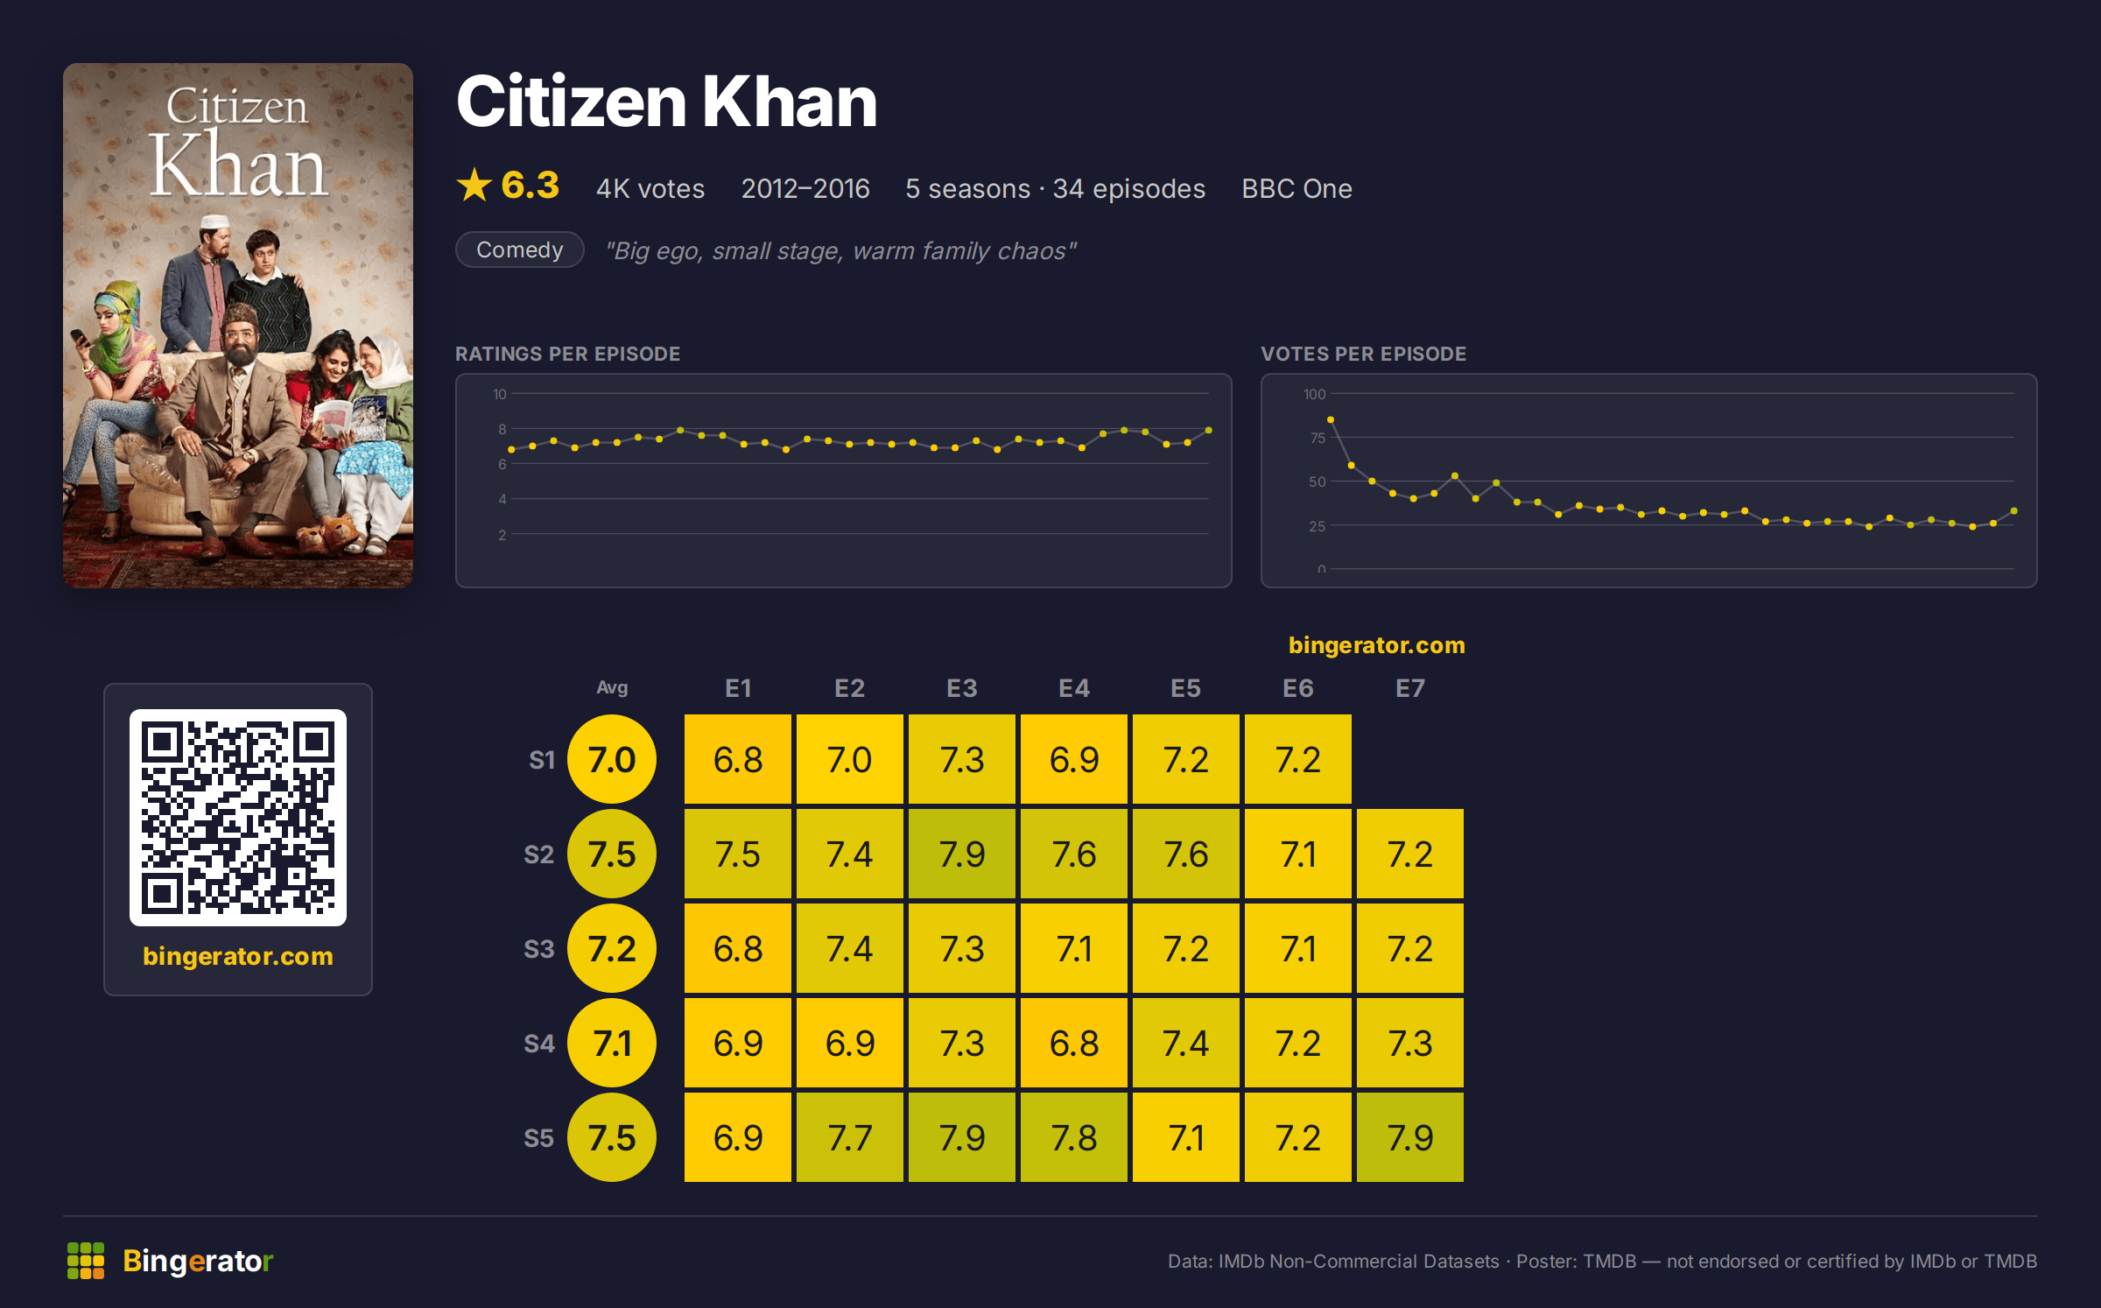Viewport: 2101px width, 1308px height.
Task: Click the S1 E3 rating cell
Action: click(x=961, y=759)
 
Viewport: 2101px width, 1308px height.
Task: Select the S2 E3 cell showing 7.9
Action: click(x=961, y=854)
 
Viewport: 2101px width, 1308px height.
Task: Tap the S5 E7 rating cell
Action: click(x=1409, y=1137)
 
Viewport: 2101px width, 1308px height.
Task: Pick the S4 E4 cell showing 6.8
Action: click(x=1073, y=1043)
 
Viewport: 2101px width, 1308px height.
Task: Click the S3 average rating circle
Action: click(x=612, y=948)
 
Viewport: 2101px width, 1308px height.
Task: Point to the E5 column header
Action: click(x=1185, y=688)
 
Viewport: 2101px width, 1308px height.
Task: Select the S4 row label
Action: click(x=539, y=1044)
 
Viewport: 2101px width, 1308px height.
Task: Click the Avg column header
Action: click(x=612, y=687)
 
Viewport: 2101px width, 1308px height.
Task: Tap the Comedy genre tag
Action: click(x=520, y=250)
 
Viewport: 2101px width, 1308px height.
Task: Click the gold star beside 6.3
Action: click(x=474, y=185)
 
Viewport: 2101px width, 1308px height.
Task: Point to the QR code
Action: click(x=238, y=817)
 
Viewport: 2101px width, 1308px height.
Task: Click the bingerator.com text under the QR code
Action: click(x=238, y=955)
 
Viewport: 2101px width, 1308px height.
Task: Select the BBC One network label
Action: click(x=1296, y=188)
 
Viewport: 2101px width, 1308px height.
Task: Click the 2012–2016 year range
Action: click(x=805, y=188)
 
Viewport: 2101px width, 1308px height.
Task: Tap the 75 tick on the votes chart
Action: click(x=1318, y=438)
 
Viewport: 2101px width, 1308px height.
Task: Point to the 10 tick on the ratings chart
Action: click(x=500, y=394)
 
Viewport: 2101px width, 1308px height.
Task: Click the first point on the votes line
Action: click(x=1331, y=420)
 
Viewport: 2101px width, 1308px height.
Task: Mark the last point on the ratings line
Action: click(x=1209, y=430)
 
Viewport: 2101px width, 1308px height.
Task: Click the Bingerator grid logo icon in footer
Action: click(x=86, y=1260)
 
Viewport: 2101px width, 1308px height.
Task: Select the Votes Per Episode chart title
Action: click(x=1363, y=354)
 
